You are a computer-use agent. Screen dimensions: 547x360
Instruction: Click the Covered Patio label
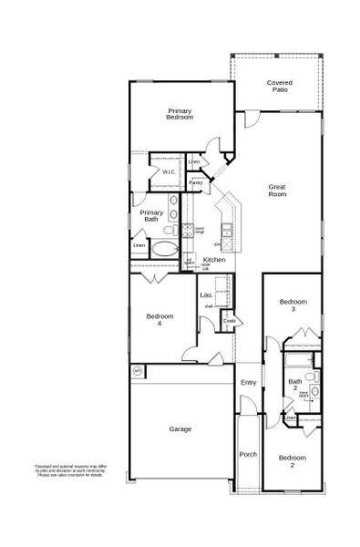[280, 86]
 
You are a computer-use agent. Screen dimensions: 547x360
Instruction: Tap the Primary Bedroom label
[180, 114]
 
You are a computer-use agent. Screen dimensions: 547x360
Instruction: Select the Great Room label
[277, 191]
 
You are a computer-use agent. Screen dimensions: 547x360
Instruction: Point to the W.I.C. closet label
[170, 172]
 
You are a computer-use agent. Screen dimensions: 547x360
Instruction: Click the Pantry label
[196, 183]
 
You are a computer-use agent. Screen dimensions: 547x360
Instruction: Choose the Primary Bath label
[151, 215]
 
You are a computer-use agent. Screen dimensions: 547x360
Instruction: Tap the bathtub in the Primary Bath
[165, 248]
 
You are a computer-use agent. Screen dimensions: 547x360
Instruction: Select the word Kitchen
[214, 260]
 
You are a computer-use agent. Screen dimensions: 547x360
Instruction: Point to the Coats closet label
[230, 320]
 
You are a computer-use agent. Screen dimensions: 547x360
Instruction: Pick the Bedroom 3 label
[293, 305]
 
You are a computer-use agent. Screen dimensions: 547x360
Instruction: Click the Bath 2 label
[295, 384]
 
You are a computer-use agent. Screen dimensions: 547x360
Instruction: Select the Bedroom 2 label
[293, 459]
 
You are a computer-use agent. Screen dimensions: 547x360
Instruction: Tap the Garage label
[180, 428]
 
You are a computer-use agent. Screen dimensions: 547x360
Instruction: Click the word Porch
[248, 454]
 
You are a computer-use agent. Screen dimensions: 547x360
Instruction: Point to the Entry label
[248, 382]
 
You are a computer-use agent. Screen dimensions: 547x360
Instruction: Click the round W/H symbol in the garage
[138, 371]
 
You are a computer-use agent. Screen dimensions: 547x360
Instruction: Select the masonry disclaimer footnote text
[64, 470]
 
